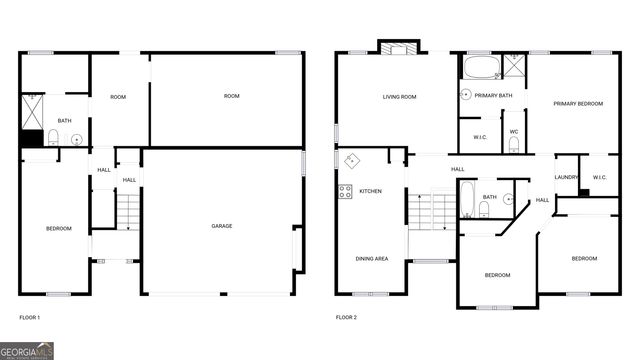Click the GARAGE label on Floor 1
(221, 226)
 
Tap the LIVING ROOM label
(399, 97)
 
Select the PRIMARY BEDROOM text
(579, 104)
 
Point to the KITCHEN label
(370, 190)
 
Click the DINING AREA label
(372, 258)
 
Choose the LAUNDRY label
(567, 178)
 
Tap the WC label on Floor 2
(513, 132)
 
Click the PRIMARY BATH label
(493, 95)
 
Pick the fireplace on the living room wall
(398, 46)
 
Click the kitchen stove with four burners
(345, 190)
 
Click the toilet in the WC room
(513, 145)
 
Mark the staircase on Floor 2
(431, 211)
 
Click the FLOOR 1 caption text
(30, 318)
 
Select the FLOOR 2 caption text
(346, 318)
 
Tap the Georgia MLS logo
(27, 350)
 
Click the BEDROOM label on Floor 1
(59, 229)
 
